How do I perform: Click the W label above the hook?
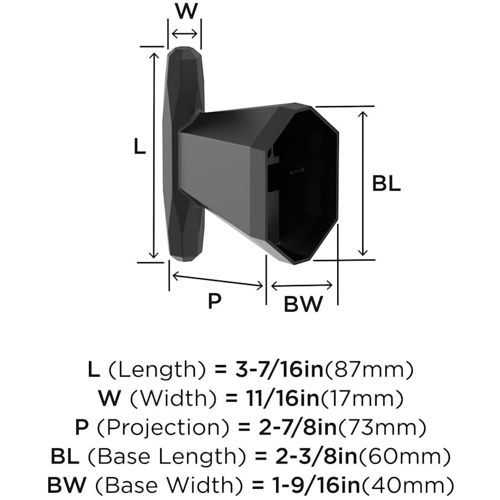187,12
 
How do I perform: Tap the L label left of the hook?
139,147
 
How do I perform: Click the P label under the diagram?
214,301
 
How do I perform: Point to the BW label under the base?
303,304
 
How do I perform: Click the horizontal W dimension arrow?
184,33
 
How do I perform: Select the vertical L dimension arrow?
154,156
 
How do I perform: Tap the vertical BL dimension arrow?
363,183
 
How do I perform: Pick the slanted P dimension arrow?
217,281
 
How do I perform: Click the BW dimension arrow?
302,285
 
